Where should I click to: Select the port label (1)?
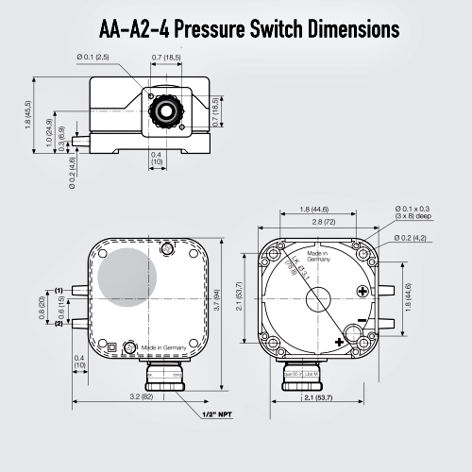59,290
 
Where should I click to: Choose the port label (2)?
59,324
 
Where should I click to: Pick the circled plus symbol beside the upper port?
362,292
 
